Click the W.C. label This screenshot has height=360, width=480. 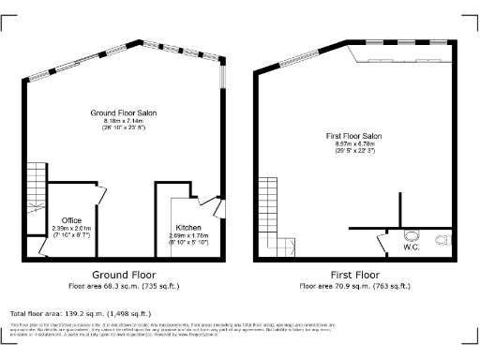point(411,247)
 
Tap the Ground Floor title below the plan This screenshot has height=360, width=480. point(123,275)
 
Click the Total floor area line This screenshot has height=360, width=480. point(80,313)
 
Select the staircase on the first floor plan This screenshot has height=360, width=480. point(271,211)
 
